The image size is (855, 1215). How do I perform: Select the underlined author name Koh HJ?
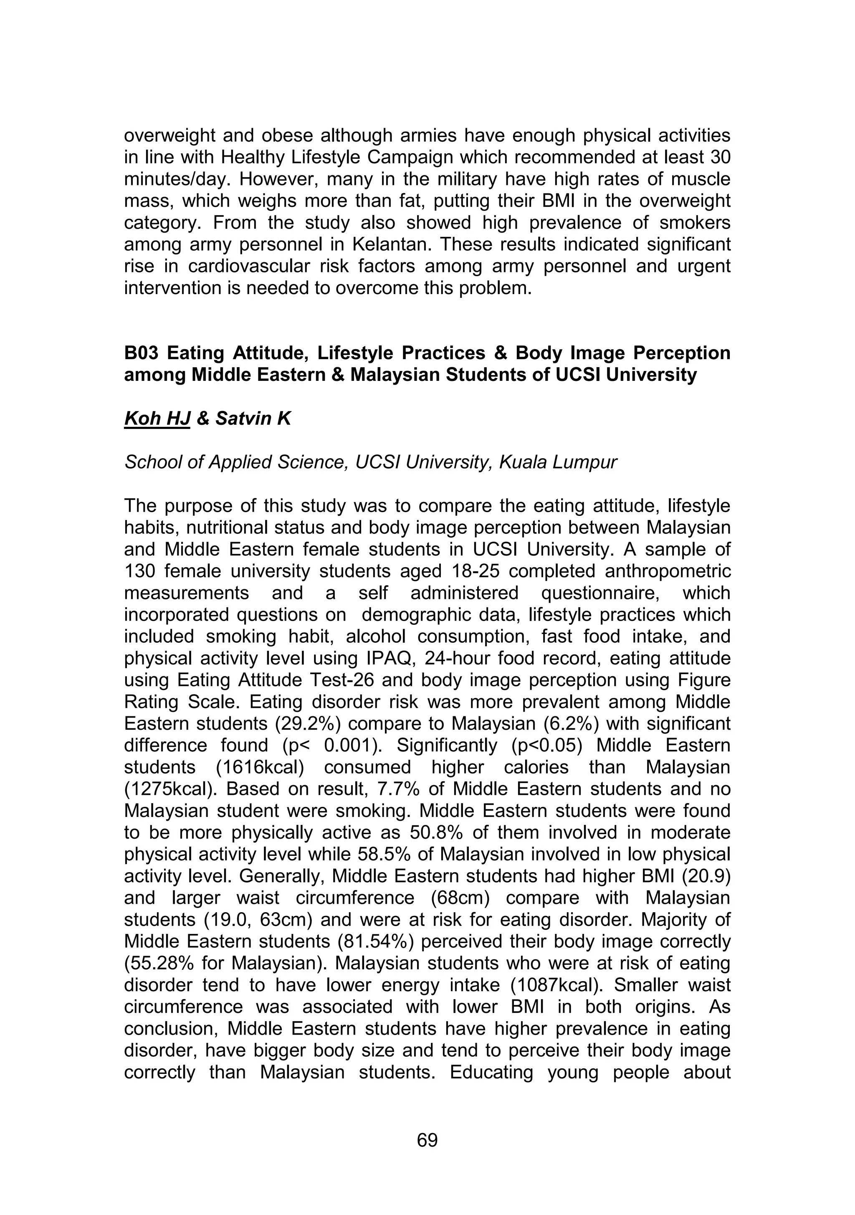(157, 419)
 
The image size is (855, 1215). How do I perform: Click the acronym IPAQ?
(388, 658)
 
